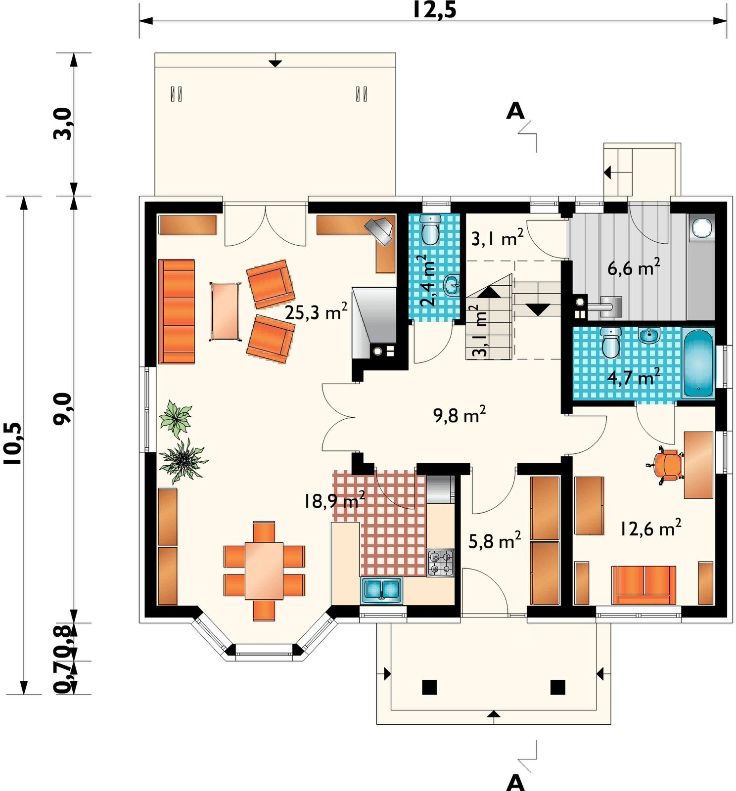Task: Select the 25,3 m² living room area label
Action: click(316, 311)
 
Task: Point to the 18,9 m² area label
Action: click(334, 500)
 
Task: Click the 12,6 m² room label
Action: click(650, 527)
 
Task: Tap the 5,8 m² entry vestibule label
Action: click(495, 540)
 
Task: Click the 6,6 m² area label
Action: click(634, 267)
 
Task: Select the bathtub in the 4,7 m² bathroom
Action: click(698, 362)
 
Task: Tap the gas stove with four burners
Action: click(440, 563)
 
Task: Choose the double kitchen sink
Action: click(381, 590)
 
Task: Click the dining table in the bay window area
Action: click(264, 571)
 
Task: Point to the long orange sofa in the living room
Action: click(177, 311)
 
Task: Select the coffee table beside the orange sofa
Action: click(225, 311)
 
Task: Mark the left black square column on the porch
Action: click(429, 687)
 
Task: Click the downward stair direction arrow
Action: click(538, 309)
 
